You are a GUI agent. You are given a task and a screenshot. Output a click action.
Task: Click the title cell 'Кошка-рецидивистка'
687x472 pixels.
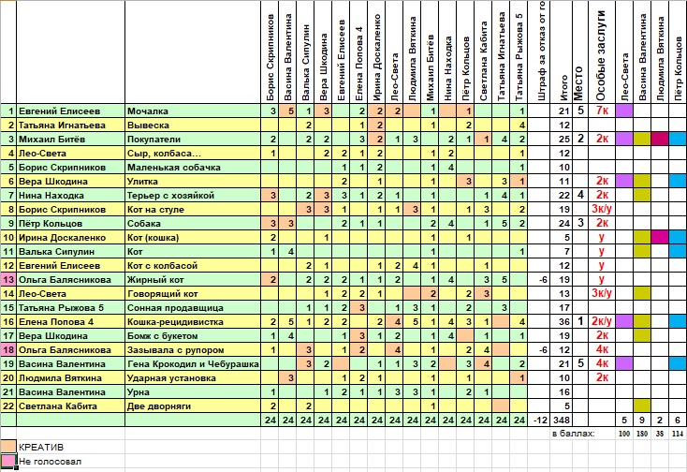pos(175,322)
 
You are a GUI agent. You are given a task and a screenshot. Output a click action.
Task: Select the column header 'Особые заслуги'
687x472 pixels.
pos(601,55)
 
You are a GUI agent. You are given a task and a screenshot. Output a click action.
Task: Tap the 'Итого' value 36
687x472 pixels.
pos(564,322)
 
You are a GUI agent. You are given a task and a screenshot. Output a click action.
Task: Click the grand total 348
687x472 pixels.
pos(562,420)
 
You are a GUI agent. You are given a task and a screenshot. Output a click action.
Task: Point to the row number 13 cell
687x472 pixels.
pos(8,280)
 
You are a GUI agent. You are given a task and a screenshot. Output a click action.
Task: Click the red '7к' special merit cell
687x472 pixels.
pos(603,111)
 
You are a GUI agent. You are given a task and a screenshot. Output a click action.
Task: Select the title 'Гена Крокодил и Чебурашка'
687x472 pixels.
pos(193,364)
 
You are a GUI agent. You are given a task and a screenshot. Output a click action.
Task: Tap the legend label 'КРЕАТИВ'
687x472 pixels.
pos(41,448)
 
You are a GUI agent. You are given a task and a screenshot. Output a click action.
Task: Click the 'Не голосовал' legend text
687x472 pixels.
pos(50,462)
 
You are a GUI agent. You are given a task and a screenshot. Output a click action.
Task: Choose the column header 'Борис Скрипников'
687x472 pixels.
pos(270,57)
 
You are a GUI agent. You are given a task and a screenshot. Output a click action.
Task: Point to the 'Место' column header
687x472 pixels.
pos(578,83)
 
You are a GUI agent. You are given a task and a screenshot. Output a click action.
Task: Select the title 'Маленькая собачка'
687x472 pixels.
pos(174,168)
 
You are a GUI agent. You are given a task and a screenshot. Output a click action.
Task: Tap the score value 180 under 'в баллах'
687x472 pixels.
pos(642,434)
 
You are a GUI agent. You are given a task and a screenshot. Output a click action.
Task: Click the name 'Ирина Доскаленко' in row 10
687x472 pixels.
pos(62,238)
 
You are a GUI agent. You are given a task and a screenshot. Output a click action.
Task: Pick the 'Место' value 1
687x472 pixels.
pos(580,321)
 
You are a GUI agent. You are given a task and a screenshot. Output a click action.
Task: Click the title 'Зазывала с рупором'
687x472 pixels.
pos(176,350)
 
